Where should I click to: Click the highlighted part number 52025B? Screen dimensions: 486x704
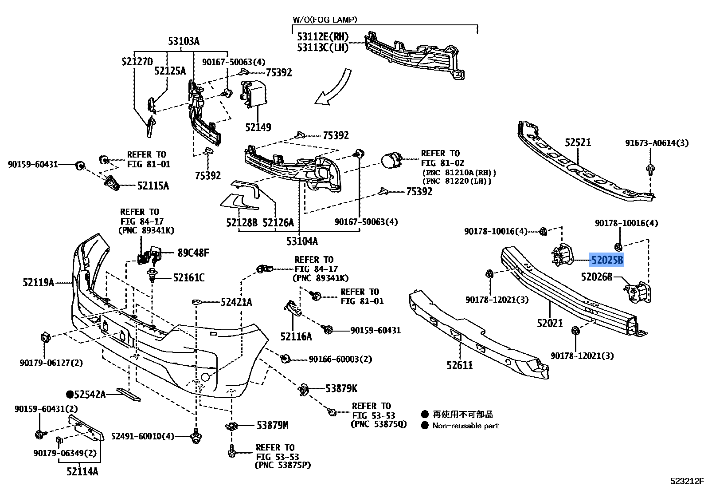(606, 260)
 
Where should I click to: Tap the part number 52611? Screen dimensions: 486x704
(460, 365)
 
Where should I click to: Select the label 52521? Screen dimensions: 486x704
(578, 142)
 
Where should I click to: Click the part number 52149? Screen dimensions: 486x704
(258, 127)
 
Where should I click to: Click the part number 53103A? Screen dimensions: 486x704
(184, 42)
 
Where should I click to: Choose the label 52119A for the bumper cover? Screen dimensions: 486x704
(38, 282)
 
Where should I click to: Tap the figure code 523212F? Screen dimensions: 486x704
(686, 481)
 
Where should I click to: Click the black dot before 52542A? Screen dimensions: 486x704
(70, 394)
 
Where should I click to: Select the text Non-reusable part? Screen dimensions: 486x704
(465, 426)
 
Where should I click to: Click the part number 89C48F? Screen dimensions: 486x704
(193, 253)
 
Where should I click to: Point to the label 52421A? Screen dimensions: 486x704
(236, 302)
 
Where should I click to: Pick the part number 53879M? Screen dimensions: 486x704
(272, 425)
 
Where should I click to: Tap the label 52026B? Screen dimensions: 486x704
(596, 277)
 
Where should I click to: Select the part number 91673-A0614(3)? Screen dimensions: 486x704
(657, 143)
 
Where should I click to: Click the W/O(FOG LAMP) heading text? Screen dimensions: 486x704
(325, 20)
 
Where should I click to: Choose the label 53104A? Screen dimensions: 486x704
(302, 241)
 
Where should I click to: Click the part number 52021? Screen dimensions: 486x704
(550, 323)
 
